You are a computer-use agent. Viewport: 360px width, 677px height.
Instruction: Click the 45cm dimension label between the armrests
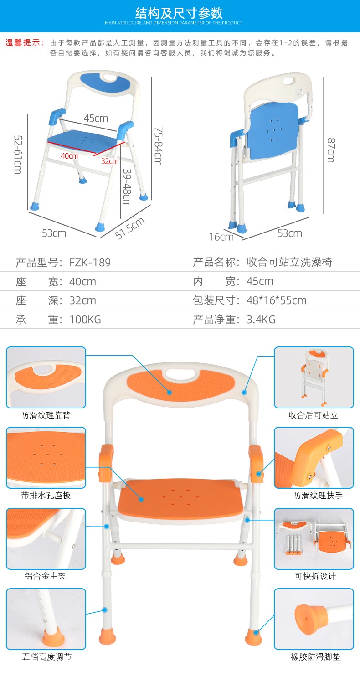coord(96,118)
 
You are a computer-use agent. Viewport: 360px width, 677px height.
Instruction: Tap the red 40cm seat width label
coord(70,156)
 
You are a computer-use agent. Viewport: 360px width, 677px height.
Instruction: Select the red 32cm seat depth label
coord(110,161)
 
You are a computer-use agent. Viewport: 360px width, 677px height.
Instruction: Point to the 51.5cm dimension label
coord(130,228)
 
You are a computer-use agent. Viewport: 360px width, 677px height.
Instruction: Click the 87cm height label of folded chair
coord(331,150)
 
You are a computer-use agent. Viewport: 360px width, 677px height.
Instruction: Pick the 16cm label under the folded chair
coord(221,237)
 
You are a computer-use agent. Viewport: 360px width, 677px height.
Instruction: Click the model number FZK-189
coord(90,262)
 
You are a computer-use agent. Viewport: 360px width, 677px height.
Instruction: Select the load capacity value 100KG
coord(85,320)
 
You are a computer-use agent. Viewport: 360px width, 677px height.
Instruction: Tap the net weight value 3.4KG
coord(261,320)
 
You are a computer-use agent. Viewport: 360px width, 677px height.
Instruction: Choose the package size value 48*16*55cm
coord(276,300)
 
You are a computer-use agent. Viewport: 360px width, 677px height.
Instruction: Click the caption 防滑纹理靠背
coord(46,415)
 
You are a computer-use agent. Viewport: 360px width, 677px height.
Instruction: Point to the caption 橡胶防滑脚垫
coord(316,657)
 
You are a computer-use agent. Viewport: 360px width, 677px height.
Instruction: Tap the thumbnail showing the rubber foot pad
coord(314,619)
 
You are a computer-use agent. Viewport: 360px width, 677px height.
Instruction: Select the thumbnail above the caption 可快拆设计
coord(314,538)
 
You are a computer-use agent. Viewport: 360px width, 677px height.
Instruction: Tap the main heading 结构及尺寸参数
coord(180,13)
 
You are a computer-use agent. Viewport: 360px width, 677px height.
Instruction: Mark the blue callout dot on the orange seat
coord(141,500)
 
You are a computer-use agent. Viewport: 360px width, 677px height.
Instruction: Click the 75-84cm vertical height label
coord(158,146)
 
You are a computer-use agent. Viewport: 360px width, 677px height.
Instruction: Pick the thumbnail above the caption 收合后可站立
coord(314,377)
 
